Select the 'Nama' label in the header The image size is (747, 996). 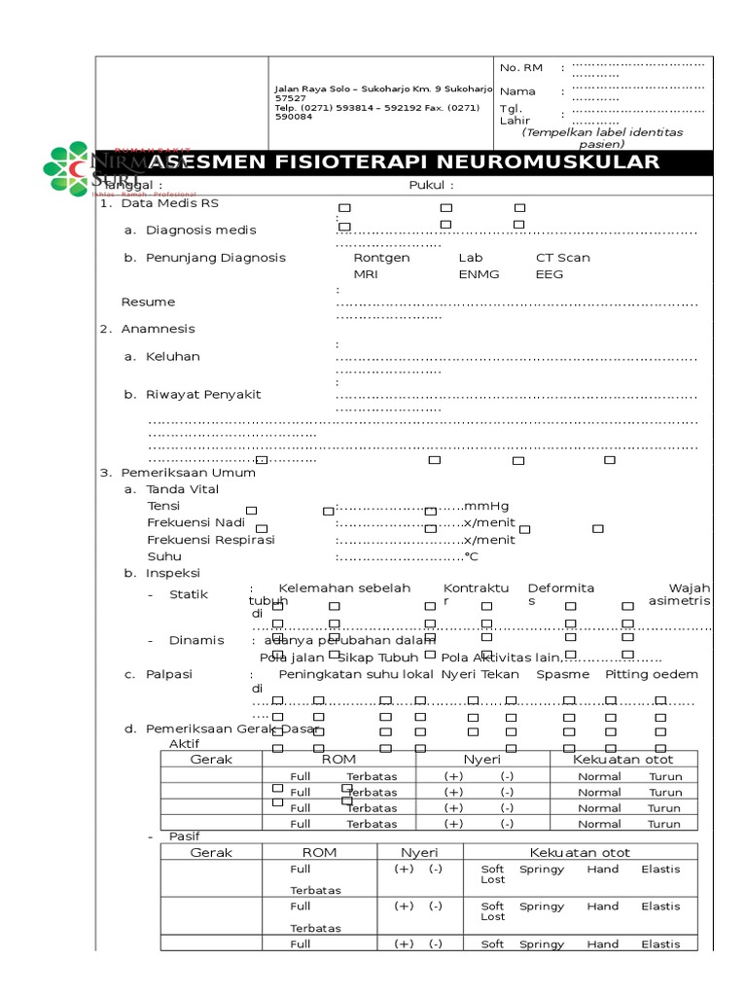[x=517, y=91]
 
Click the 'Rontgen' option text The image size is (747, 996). [x=381, y=258]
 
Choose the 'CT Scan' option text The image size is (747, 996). [x=563, y=258]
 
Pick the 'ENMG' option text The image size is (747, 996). [x=479, y=274]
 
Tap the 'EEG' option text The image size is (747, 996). [x=550, y=274]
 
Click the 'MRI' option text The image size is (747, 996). [x=366, y=274]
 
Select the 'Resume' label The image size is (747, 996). [x=148, y=302]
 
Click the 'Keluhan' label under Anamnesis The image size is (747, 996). [x=173, y=356]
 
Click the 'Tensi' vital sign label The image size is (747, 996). [x=163, y=506]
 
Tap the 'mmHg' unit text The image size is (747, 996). [x=486, y=506]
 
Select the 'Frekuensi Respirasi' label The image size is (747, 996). [x=211, y=539]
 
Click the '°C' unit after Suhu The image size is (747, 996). [x=471, y=556]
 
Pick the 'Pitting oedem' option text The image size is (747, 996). [x=651, y=673]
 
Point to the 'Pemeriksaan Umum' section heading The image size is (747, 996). [x=188, y=472]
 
